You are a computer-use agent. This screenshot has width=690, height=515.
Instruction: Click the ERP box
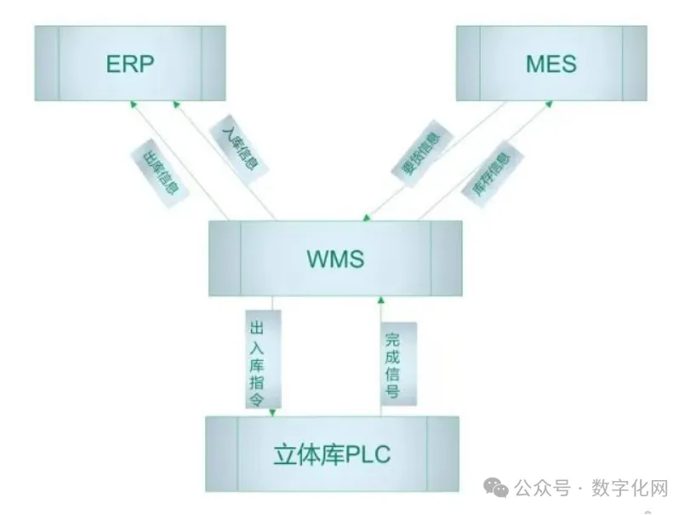point(129,64)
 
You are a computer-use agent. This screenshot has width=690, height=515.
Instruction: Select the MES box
point(550,64)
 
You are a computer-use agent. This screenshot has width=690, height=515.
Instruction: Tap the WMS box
point(335,259)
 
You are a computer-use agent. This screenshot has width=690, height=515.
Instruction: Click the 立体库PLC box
point(332,455)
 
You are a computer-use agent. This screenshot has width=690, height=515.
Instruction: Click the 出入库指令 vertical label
point(260,358)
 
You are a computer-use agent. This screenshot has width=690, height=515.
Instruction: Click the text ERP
point(129,64)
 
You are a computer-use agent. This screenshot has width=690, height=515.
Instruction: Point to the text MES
point(550,64)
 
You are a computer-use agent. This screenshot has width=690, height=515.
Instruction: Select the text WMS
point(335,259)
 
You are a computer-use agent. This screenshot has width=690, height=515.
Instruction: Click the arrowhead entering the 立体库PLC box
point(272,413)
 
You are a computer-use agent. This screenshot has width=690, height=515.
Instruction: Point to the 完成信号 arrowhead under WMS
point(381,300)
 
